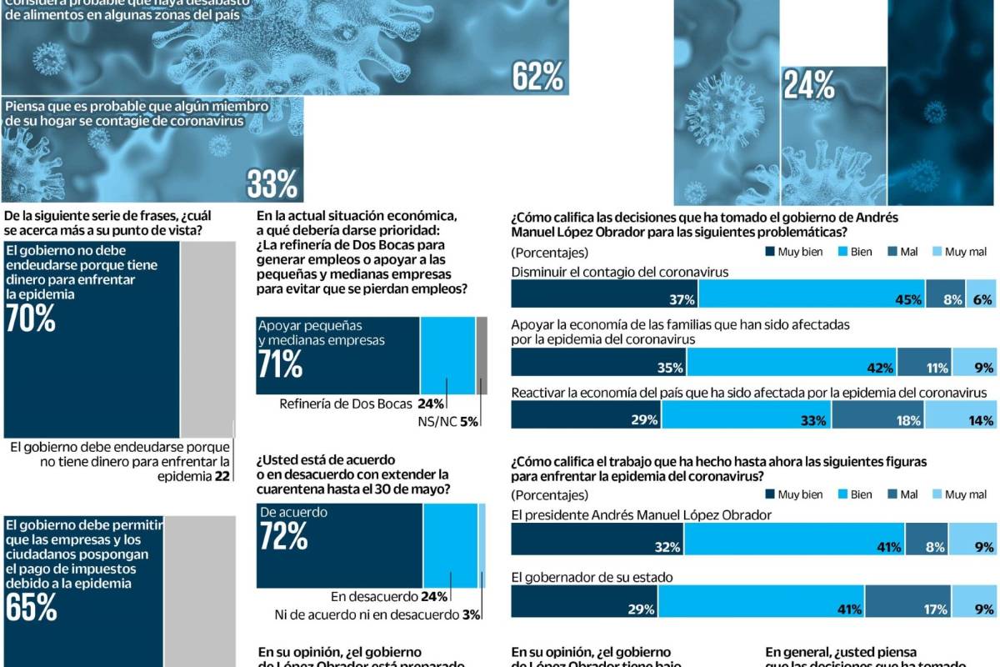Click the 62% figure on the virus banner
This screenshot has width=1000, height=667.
[538, 77]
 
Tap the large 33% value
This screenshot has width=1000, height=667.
[272, 184]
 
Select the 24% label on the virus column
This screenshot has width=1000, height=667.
[809, 85]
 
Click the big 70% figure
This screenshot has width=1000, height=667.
[30, 318]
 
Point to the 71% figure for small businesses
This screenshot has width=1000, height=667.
[280, 364]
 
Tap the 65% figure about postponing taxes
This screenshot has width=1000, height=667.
[31, 608]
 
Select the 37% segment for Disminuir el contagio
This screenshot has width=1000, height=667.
[604, 298]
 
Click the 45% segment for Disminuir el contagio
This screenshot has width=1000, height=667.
[831, 298]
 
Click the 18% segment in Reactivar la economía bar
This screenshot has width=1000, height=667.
[878, 419]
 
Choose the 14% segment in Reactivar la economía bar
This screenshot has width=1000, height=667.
[962, 419]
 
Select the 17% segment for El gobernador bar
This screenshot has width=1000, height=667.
[908, 609]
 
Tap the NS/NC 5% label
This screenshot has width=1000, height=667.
[447, 422]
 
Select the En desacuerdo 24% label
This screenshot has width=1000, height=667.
[389, 596]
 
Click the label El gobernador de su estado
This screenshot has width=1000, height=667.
[592, 577]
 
